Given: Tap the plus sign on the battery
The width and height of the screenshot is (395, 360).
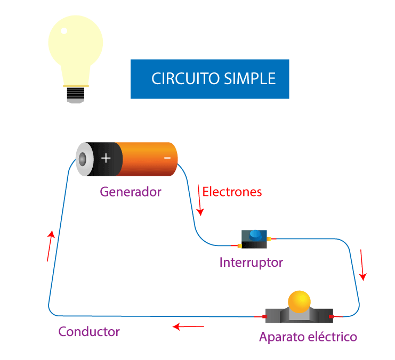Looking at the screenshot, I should tap(106, 158).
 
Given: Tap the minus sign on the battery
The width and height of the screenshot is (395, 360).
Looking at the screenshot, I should tap(167, 158).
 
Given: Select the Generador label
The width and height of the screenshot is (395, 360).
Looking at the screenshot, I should tap(130, 192).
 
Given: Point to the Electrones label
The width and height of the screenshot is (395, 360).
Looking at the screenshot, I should tap(232, 192).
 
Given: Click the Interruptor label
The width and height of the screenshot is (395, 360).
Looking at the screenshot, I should tap(251, 263).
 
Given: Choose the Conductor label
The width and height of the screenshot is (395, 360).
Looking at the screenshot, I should tap(89, 332).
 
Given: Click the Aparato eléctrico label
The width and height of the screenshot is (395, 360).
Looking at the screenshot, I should tap(308, 337).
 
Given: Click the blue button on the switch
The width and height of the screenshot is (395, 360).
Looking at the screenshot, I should tap(256, 234).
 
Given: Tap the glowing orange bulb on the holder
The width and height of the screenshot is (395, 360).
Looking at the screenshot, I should tap(299, 301).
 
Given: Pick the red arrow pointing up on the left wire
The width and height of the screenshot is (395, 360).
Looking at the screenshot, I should tap(50, 246).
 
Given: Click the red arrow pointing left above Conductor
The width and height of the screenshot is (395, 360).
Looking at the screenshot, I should tap(189, 326).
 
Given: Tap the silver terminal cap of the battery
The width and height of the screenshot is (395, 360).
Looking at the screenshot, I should tap(83, 159).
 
